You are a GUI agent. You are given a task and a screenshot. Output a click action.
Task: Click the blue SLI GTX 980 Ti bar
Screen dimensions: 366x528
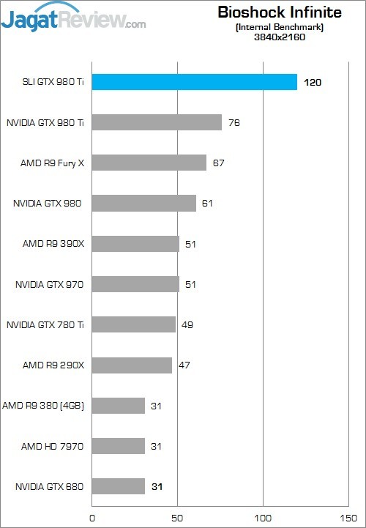(x=195, y=82)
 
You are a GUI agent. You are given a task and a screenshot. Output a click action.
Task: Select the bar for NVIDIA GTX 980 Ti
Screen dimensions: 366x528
(x=157, y=122)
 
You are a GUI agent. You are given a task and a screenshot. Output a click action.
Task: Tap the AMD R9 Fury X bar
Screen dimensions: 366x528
(x=149, y=163)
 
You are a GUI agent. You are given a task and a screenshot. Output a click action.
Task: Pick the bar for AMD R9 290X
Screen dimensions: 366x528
(x=132, y=365)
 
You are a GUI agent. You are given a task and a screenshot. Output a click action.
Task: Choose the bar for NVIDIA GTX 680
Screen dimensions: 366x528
(x=119, y=486)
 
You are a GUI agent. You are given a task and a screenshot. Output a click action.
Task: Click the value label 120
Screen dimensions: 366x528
(x=313, y=83)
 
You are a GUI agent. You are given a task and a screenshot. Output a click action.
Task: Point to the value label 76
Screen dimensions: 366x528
(x=234, y=122)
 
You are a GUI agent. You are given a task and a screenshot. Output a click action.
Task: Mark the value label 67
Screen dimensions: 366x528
(x=219, y=163)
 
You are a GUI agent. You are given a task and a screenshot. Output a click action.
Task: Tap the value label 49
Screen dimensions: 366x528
(x=187, y=324)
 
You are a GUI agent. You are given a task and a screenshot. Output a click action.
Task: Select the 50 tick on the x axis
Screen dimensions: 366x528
(x=177, y=518)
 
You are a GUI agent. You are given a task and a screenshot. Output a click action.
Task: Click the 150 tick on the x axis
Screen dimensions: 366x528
(x=348, y=518)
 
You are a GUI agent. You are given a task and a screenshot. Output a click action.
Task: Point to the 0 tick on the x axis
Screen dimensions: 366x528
(x=92, y=518)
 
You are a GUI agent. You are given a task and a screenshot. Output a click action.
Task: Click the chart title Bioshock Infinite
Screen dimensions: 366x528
(x=280, y=12)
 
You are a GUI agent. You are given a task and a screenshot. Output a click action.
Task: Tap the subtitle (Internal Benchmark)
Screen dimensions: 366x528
(x=280, y=27)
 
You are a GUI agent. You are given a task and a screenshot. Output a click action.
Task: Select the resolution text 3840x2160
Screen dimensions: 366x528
(x=280, y=37)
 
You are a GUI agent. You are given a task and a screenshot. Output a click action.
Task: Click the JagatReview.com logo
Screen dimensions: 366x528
(x=74, y=18)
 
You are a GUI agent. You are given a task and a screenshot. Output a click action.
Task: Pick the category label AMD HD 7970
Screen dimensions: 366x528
(x=52, y=447)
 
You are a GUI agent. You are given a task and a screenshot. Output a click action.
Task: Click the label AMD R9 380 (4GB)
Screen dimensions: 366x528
(x=43, y=406)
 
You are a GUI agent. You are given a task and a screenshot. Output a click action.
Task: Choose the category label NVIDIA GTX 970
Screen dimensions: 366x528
(x=49, y=285)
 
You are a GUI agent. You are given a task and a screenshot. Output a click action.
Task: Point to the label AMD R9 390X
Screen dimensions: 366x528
(x=53, y=244)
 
